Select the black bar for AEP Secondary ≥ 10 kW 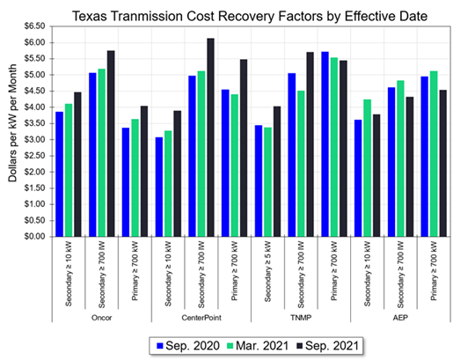(x=376, y=175)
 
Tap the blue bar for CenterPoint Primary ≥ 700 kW (x=226, y=163)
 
